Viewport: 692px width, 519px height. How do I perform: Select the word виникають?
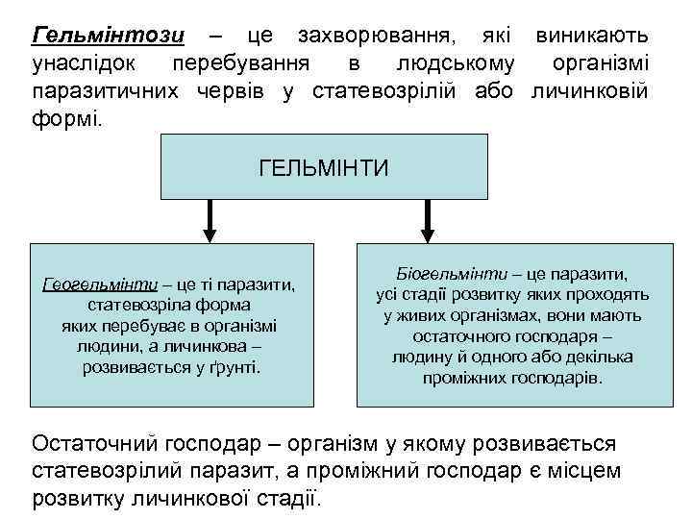point(591,37)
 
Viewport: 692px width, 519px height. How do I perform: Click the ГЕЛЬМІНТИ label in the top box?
point(324,169)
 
